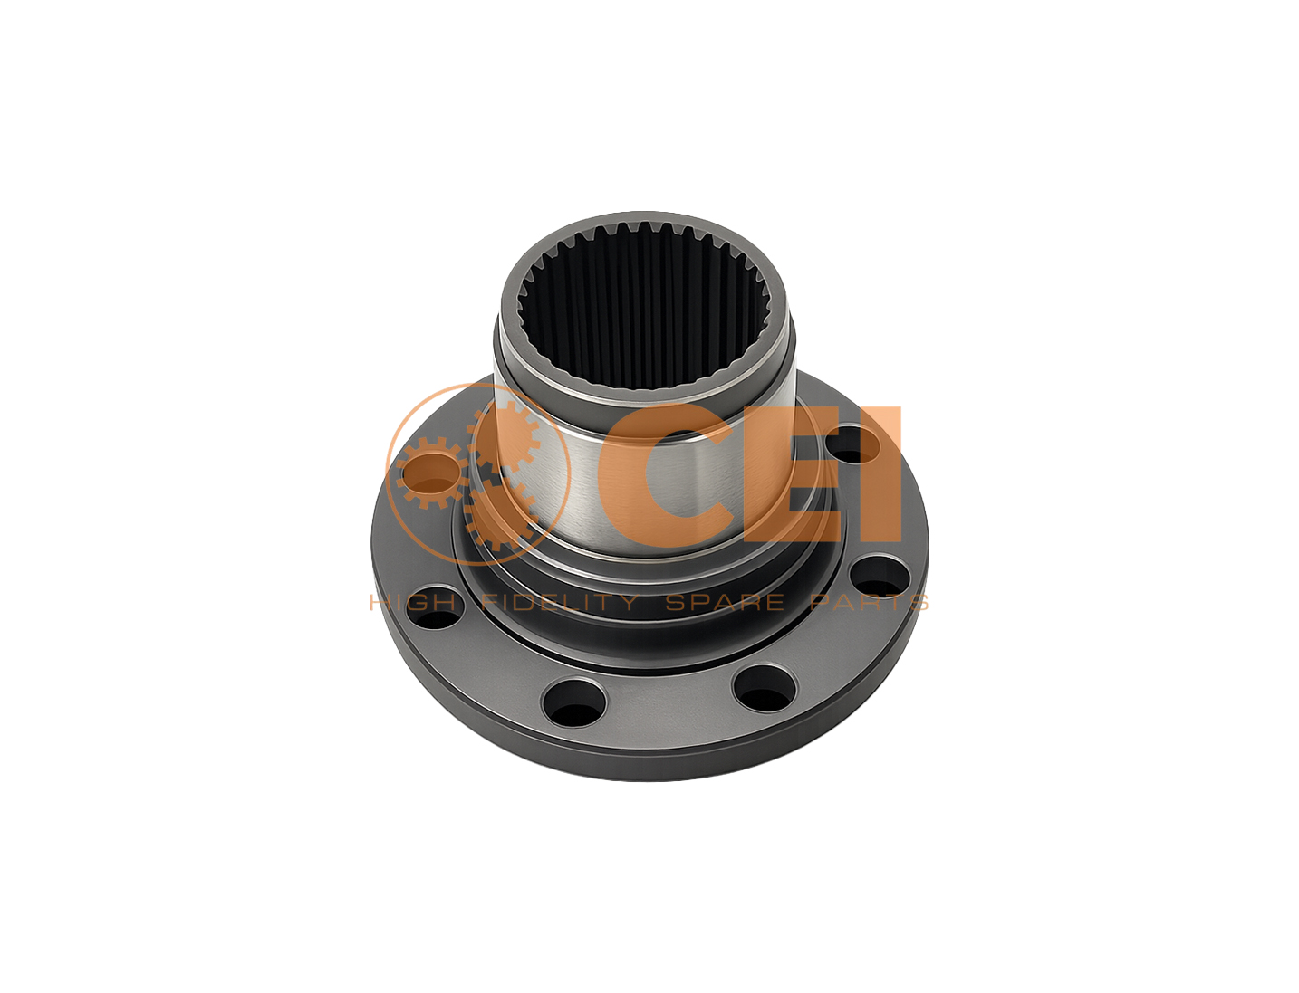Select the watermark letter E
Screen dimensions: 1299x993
click(791, 473)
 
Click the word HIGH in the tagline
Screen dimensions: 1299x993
click(413, 603)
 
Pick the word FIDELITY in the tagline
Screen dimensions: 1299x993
click(559, 603)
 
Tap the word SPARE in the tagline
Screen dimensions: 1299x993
click(725, 603)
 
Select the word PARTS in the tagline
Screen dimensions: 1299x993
click(869, 603)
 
